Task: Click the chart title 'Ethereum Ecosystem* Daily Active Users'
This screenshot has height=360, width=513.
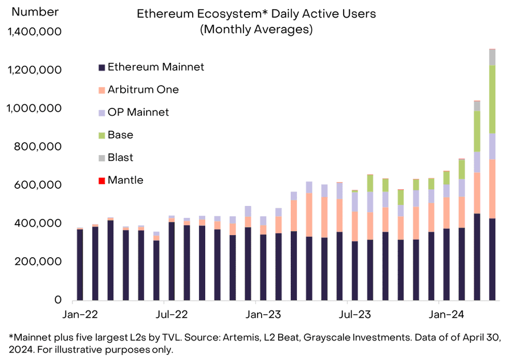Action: point(256,13)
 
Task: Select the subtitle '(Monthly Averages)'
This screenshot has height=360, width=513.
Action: point(256,30)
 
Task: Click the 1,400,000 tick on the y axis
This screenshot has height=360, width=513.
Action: point(36,32)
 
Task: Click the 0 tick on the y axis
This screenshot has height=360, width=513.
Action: point(58,300)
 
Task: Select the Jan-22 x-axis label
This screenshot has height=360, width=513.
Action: point(79,314)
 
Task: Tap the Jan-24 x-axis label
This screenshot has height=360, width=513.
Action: point(445,314)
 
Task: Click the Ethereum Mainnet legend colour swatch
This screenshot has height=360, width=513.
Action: point(101,67)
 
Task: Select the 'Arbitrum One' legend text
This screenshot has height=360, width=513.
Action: point(143,90)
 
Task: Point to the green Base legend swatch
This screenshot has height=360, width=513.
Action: point(101,135)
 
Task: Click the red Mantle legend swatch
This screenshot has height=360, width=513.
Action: point(101,181)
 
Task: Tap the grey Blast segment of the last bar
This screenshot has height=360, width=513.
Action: point(492,58)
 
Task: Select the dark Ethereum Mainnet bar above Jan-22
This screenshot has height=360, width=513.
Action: point(80,264)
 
